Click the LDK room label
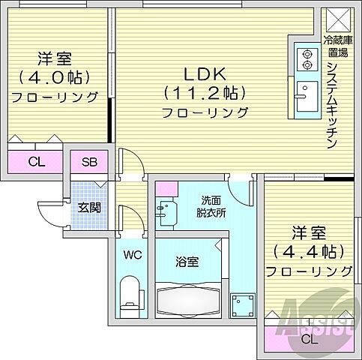(196, 74)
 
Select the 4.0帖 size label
(55, 77)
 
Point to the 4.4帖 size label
(309, 250)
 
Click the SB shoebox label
(88, 162)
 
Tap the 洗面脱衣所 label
(211, 206)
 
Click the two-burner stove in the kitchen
(305, 59)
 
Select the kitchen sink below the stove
(305, 96)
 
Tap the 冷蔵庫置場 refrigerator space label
(335, 46)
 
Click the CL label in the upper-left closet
(35, 162)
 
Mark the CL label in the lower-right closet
(308, 338)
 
